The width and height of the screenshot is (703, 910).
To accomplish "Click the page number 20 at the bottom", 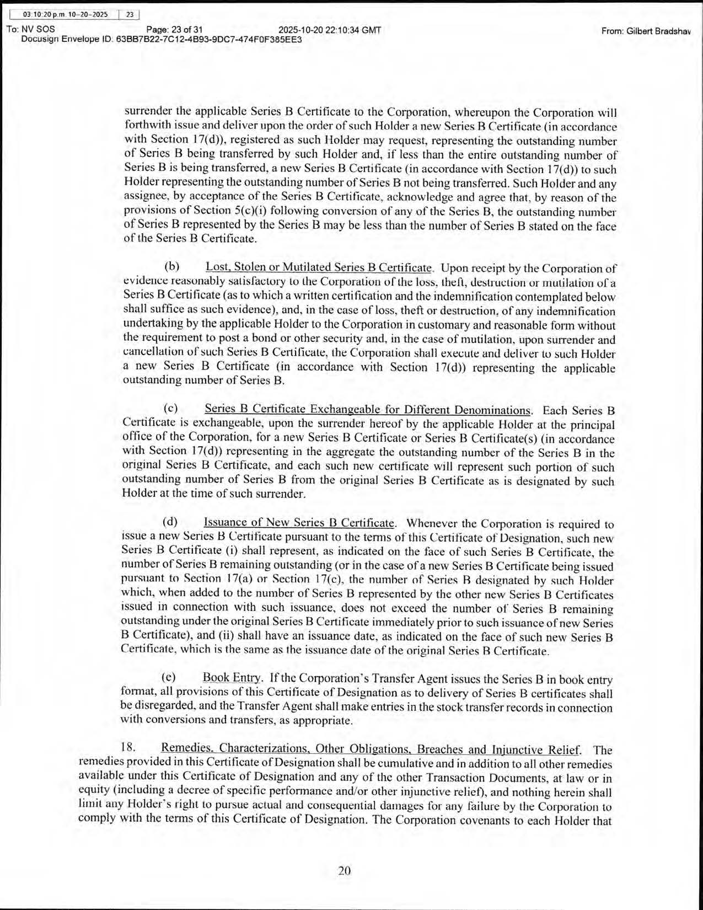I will coord(344,870).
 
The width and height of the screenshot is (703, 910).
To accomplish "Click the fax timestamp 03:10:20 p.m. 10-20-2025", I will coord(61,15).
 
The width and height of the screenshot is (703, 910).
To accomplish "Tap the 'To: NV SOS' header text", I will coord(30,30).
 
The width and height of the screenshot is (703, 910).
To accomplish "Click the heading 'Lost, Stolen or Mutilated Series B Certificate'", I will coord(319,267).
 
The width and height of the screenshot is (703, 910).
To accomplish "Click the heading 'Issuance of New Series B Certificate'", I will coord(299,522).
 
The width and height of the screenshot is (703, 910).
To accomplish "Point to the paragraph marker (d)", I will coord(170,522).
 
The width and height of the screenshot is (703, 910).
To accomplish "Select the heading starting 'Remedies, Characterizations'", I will coord(371,749).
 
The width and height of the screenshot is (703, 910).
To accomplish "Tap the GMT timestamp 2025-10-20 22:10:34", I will coord(330,30).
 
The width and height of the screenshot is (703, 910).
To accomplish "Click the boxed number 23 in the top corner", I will coord(130,15).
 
